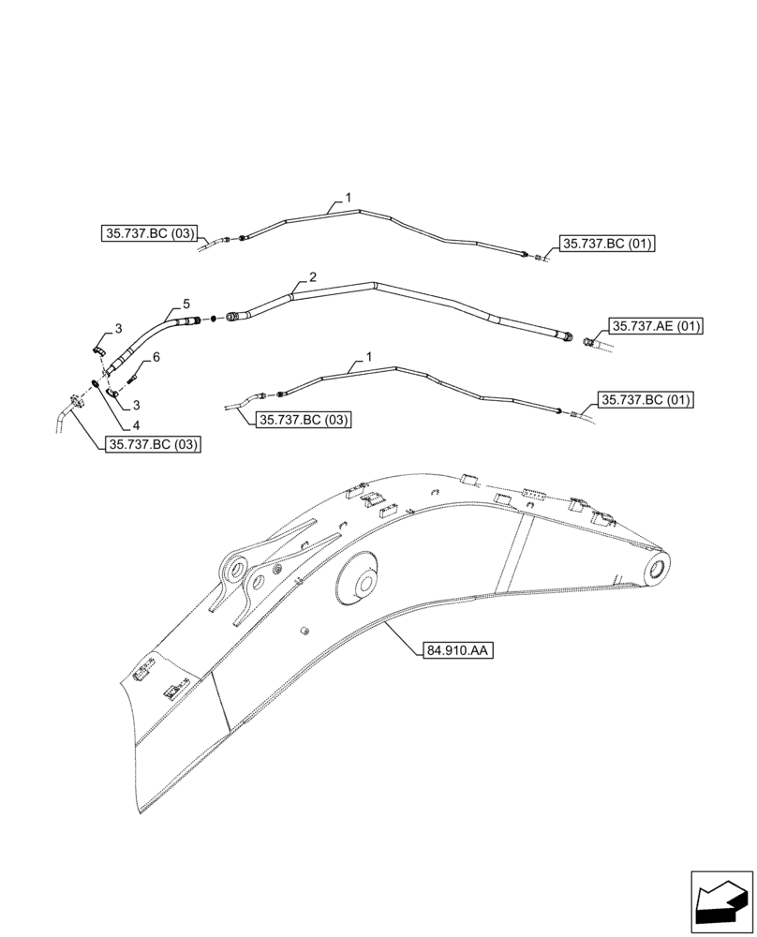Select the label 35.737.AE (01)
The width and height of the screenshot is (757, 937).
655,326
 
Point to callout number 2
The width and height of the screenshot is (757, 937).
312,277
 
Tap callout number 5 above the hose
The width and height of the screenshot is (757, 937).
186,305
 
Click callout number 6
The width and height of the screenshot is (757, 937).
156,357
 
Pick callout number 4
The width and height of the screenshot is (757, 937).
124,423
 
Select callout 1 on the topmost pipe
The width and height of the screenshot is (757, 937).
348,199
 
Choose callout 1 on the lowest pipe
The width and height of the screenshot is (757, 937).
368,357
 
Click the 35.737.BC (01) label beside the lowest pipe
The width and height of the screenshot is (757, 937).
646,400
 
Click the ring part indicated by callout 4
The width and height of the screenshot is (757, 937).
98,384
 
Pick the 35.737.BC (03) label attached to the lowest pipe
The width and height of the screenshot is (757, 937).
302,420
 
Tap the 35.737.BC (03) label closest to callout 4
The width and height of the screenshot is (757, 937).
152,445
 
